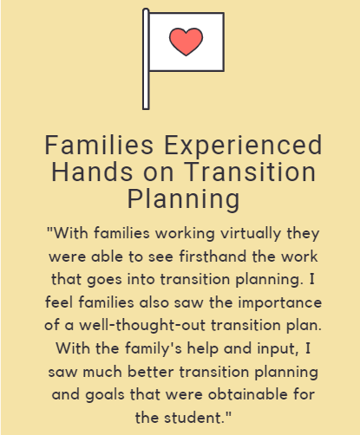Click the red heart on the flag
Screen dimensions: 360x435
[186, 42]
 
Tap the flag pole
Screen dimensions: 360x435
[146, 59]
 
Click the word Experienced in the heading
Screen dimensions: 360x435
[243, 145]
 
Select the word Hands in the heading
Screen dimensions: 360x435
[92, 172]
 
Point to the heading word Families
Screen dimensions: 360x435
[99, 145]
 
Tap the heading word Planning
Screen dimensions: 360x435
[184, 201]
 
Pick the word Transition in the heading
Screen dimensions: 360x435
[250, 172]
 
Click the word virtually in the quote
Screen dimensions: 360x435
[251, 234]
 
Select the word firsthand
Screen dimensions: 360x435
[213, 256]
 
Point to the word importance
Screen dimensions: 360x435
[279, 303]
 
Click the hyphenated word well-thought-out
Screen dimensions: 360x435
[142, 325]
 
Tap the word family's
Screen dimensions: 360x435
[154, 349]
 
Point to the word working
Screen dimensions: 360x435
[185, 234]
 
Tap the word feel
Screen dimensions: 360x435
[59, 302]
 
